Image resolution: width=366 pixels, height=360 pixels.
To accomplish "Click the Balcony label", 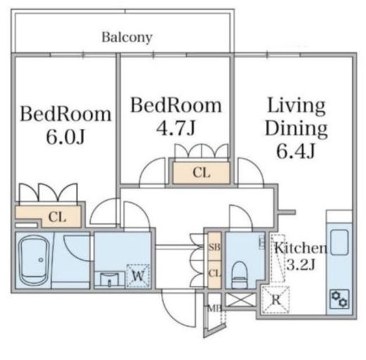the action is (127, 37).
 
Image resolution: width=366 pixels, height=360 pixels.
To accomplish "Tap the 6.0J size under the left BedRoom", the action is (65, 137).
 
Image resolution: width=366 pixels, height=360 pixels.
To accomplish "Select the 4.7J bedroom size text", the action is (176, 128).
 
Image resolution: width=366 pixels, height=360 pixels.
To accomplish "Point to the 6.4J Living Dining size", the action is (296, 151).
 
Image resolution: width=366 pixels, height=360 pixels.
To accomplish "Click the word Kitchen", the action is (301, 248).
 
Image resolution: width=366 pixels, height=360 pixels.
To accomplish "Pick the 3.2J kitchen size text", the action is (301, 265).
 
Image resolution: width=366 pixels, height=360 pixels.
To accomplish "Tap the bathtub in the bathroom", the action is (34, 260).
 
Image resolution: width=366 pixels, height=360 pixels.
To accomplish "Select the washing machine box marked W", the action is (138, 276).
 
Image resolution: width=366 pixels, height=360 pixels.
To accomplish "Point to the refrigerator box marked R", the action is (276, 300).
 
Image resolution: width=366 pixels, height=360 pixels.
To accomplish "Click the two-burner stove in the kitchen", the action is (339, 299).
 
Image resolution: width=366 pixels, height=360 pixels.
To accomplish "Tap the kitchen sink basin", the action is (339, 242).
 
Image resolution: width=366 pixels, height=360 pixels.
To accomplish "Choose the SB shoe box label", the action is (215, 247).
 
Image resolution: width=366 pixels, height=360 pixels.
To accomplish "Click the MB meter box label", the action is (215, 309).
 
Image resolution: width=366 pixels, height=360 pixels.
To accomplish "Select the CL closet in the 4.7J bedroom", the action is (201, 173).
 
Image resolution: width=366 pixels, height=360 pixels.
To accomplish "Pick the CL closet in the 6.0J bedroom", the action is (58, 217).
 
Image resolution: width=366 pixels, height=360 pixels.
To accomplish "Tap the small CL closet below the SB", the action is (215, 274).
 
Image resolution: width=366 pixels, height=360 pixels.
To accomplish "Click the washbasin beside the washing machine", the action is (109, 279).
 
